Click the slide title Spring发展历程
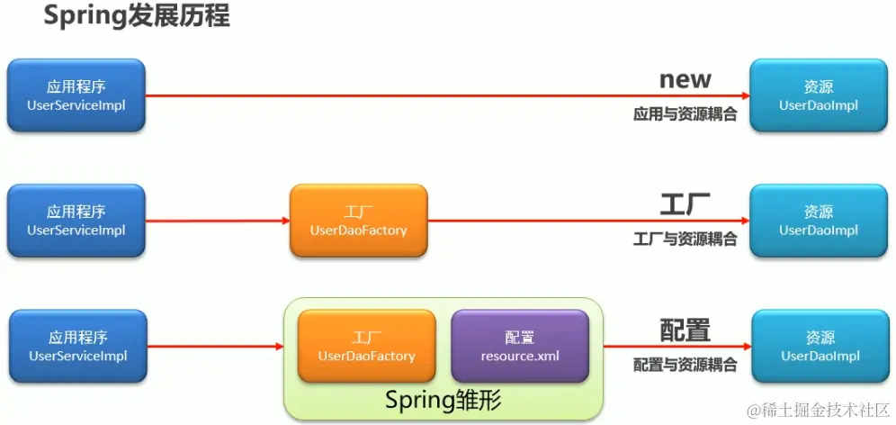coord(136,17)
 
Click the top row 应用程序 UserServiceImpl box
coord(76,96)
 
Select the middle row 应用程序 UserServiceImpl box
coord(76,221)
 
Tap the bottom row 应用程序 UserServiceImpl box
coord(77,347)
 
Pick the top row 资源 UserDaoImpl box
coord(819,96)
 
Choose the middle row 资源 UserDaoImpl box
coord(819,221)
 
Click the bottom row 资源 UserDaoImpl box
coord(820,347)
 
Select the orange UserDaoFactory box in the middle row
coord(358,221)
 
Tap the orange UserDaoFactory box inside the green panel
coord(367,347)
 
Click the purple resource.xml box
coord(520,347)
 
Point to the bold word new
coord(685,79)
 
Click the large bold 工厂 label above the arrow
coord(685,204)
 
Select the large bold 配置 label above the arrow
coord(685,330)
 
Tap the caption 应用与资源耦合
coord(685,114)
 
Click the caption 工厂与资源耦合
coord(685,239)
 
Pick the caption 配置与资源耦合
coord(685,365)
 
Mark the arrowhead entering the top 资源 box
coord(745,95)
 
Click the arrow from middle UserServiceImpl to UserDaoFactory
coord(216,221)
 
